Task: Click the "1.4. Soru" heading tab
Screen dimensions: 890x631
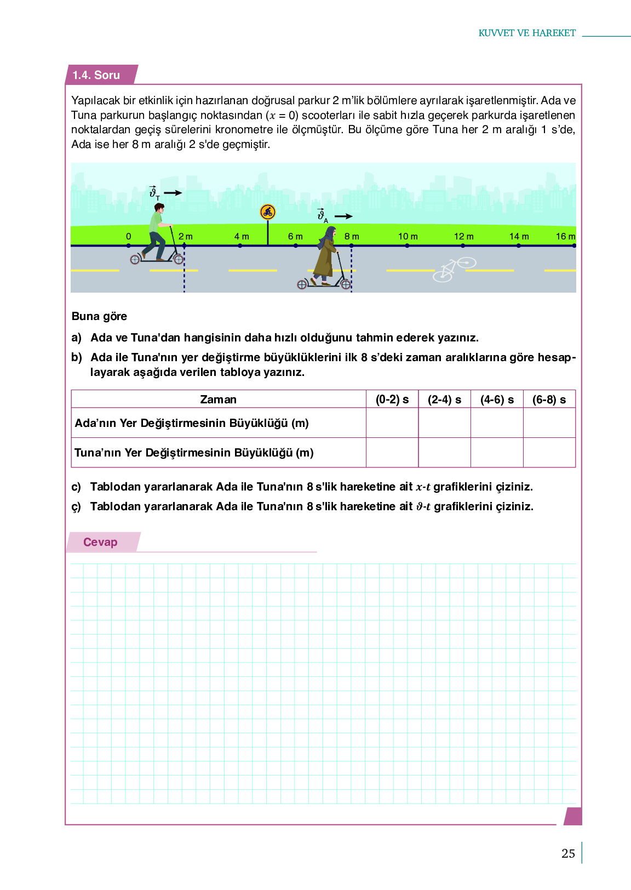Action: point(96,75)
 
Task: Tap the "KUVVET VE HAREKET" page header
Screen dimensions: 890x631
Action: point(527,33)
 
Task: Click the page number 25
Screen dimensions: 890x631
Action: point(568,853)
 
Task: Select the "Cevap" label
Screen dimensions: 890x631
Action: point(100,542)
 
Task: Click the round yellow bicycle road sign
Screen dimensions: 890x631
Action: point(267,212)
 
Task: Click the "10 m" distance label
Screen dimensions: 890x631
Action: point(408,236)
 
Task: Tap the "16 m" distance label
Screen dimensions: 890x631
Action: point(565,236)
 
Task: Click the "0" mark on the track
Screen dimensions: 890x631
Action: point(129,236)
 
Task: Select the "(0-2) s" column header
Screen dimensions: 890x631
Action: point(392,400)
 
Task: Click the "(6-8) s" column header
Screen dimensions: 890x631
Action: point(549,400)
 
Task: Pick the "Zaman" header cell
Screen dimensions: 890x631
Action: point(218,400)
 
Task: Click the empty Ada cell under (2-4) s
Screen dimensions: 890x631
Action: point(444,423)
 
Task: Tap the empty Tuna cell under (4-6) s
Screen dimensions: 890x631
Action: point(497,453)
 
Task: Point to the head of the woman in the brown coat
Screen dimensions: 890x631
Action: point(330,232)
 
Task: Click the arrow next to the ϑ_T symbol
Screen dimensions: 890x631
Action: point(173,193)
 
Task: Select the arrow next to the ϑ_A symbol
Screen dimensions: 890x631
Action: point(343,216)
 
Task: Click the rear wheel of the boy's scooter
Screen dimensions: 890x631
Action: point(135,260)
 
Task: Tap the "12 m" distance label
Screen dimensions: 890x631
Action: point(463,236)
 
